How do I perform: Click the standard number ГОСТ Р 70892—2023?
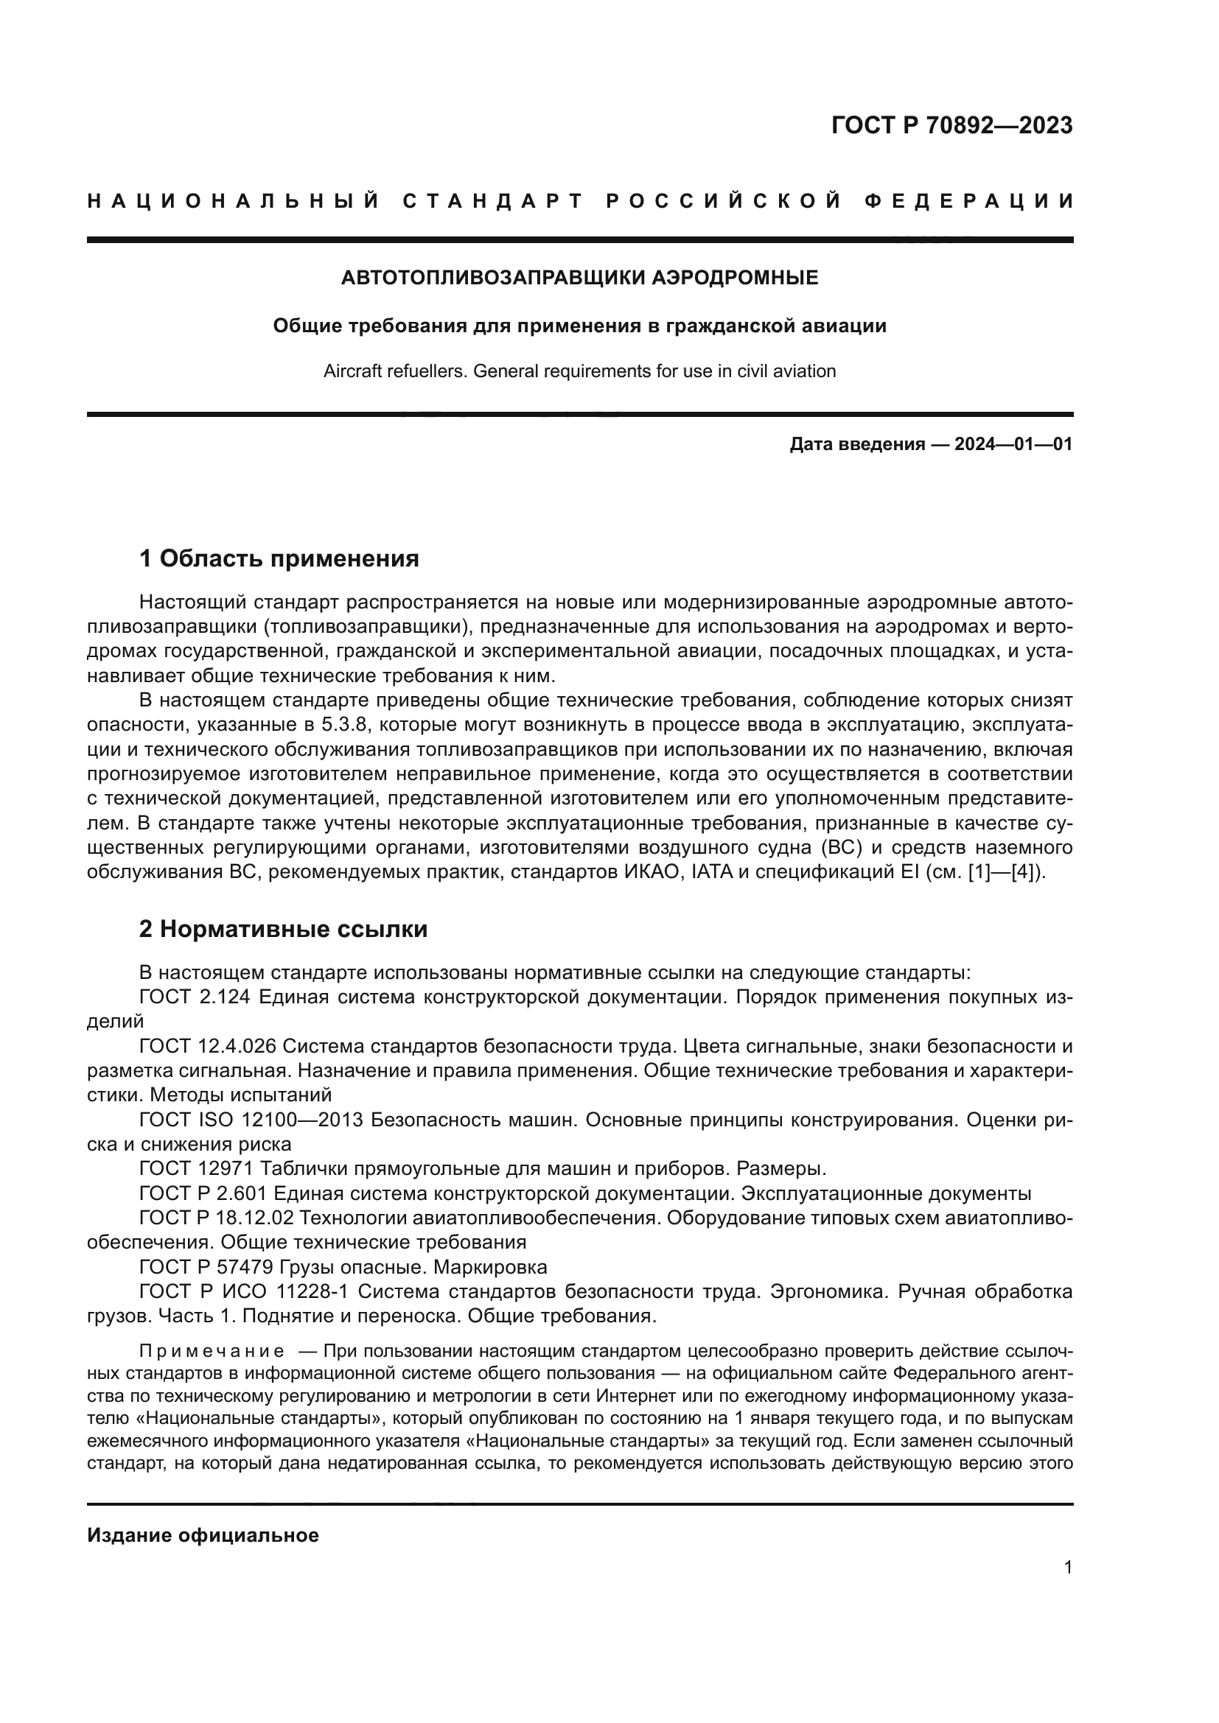tap(951, 125)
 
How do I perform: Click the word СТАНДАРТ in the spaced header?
tap(493, 201)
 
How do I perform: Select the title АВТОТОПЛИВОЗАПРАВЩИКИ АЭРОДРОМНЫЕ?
tap(579, 278)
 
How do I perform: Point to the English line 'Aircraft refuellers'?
tap(579, 371)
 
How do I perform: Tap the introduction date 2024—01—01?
tap(1013, 444)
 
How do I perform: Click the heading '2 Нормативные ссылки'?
tap(283, 929)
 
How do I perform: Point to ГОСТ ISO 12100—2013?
tap(251, 1120)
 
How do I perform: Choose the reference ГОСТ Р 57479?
tap(206, 1268)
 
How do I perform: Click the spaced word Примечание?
tap(212, 1352)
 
